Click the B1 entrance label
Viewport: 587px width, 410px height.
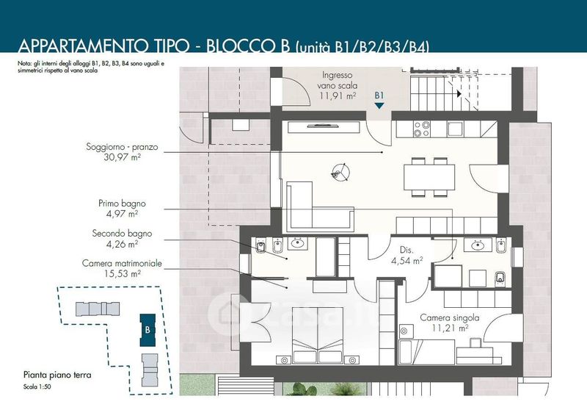[x=379, y=96]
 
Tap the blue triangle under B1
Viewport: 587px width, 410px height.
[x=379, y=106]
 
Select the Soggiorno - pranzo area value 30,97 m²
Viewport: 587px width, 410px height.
[x=122, y=157]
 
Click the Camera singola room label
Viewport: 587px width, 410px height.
[x=450, y=318]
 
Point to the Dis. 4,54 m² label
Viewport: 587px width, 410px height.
[x=407, y=256]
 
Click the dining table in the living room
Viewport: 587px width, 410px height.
[x=429, y=177]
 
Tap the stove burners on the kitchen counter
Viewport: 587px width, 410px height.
[x=421, y=129]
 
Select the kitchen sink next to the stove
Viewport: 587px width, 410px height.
[x=456, y=129]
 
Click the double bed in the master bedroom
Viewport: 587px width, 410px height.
[x=318, y=335]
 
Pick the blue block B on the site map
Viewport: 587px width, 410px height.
[x=147, y=330]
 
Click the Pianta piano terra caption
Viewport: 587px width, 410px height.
[x=57, y=375]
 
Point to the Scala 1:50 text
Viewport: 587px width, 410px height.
[x=37, y=386]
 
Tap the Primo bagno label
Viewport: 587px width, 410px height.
[x=122, y=204]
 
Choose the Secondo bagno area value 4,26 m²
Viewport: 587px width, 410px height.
[x=122, y=245]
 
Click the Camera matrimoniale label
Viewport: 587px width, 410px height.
[x=122, y=263]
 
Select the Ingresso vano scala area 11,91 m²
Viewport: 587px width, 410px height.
[x=338, y=96]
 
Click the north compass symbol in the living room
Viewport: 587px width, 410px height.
[x=340, y=173]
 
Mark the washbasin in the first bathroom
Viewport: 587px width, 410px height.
[x=478, y=246]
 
